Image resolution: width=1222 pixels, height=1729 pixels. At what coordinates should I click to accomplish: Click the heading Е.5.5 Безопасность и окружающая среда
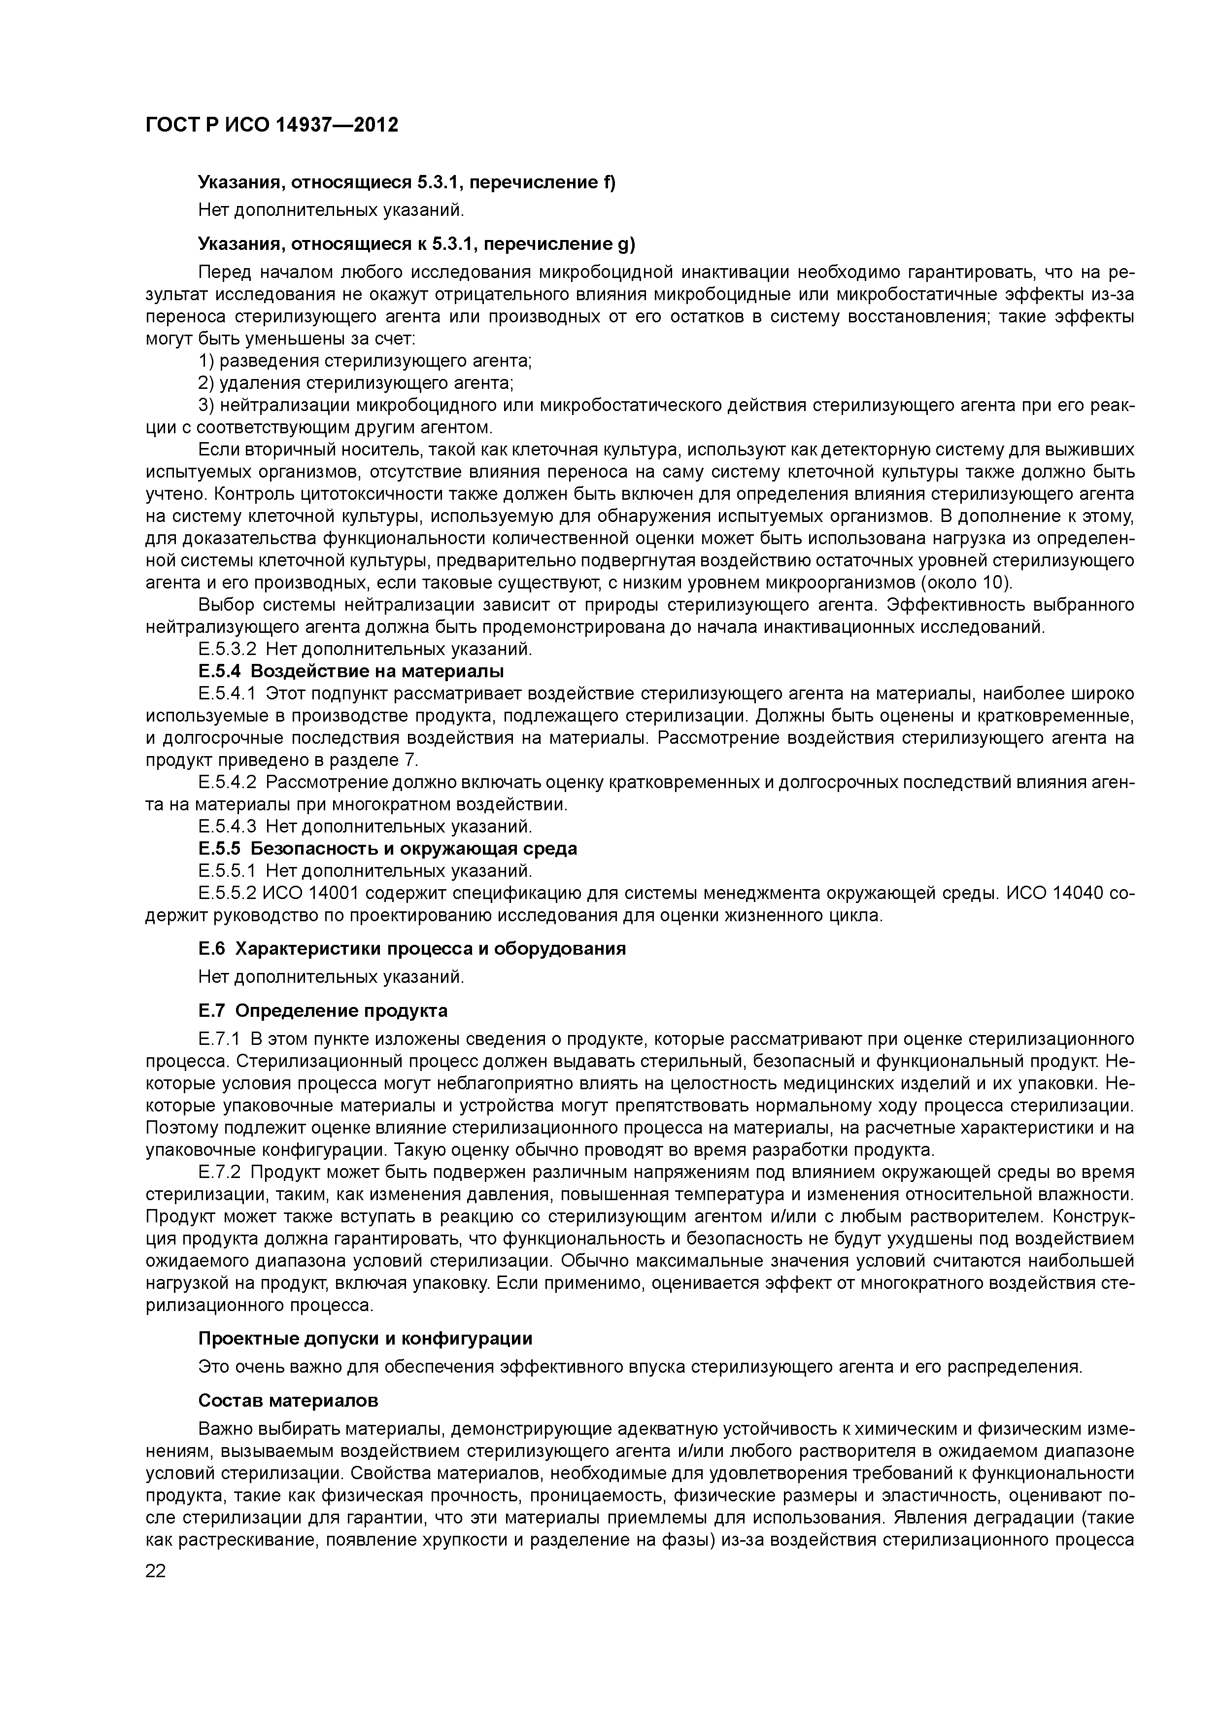click(x=388, y=849)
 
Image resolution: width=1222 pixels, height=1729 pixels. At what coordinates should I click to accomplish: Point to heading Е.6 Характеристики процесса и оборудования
click(x=412, y=948)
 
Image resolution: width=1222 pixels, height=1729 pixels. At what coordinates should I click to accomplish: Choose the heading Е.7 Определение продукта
click(x=323, y=1010)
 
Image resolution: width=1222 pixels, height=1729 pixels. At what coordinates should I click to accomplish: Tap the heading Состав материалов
click(x=288, y=1400)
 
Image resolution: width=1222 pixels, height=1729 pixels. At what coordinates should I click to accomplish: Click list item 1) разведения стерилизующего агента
click(x=365, y=361)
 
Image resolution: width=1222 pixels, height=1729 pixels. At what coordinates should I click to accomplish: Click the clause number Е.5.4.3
click(x=227, y=827)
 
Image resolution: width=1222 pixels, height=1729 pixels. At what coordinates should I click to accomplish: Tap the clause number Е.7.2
click(x=219, y=1173)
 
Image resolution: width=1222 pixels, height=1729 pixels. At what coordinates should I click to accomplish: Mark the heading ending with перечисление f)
click(x=407, y=182)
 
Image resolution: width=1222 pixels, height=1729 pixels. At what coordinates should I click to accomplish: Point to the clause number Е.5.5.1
click(x=227, y=871)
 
